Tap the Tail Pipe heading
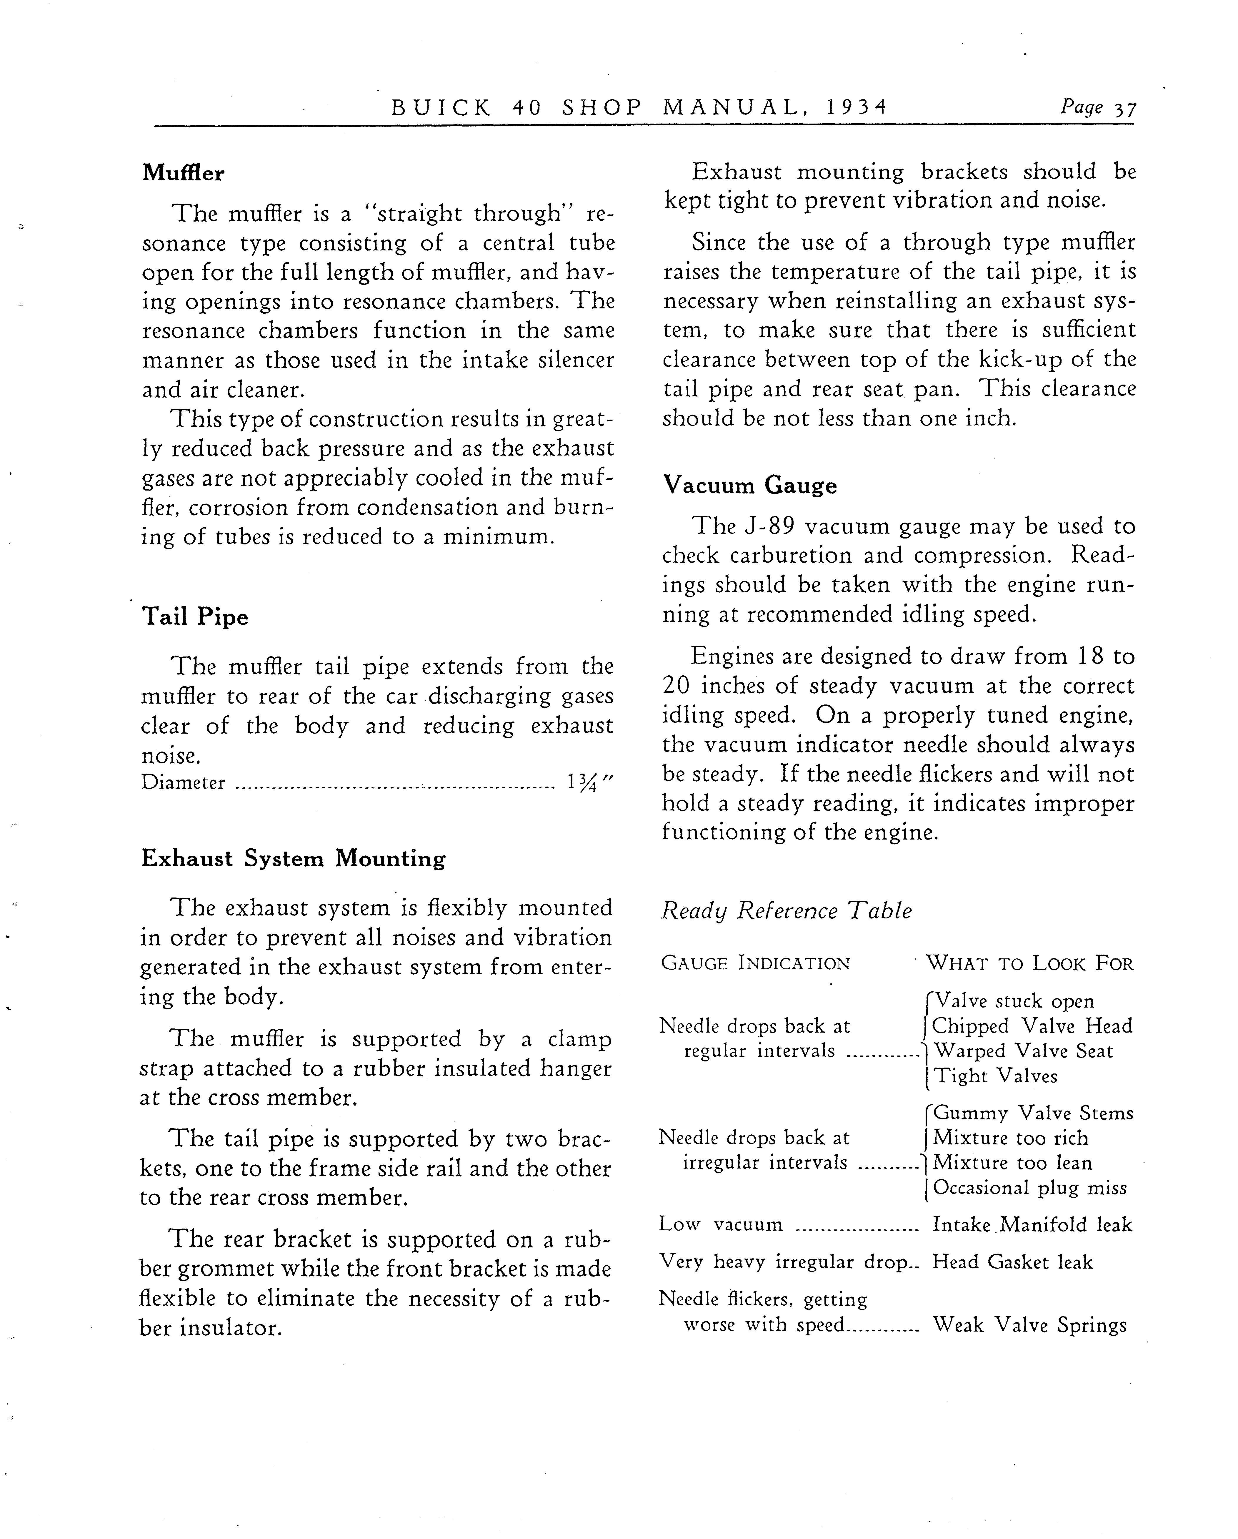click(195, 617)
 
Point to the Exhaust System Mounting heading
click(293, 858)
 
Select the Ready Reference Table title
click(786, 911)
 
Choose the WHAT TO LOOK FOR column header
click(1030, 964)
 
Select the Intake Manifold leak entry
click(1032, 1225)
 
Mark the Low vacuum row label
click(721, 1225)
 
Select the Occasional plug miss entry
click(1030, 1188)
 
